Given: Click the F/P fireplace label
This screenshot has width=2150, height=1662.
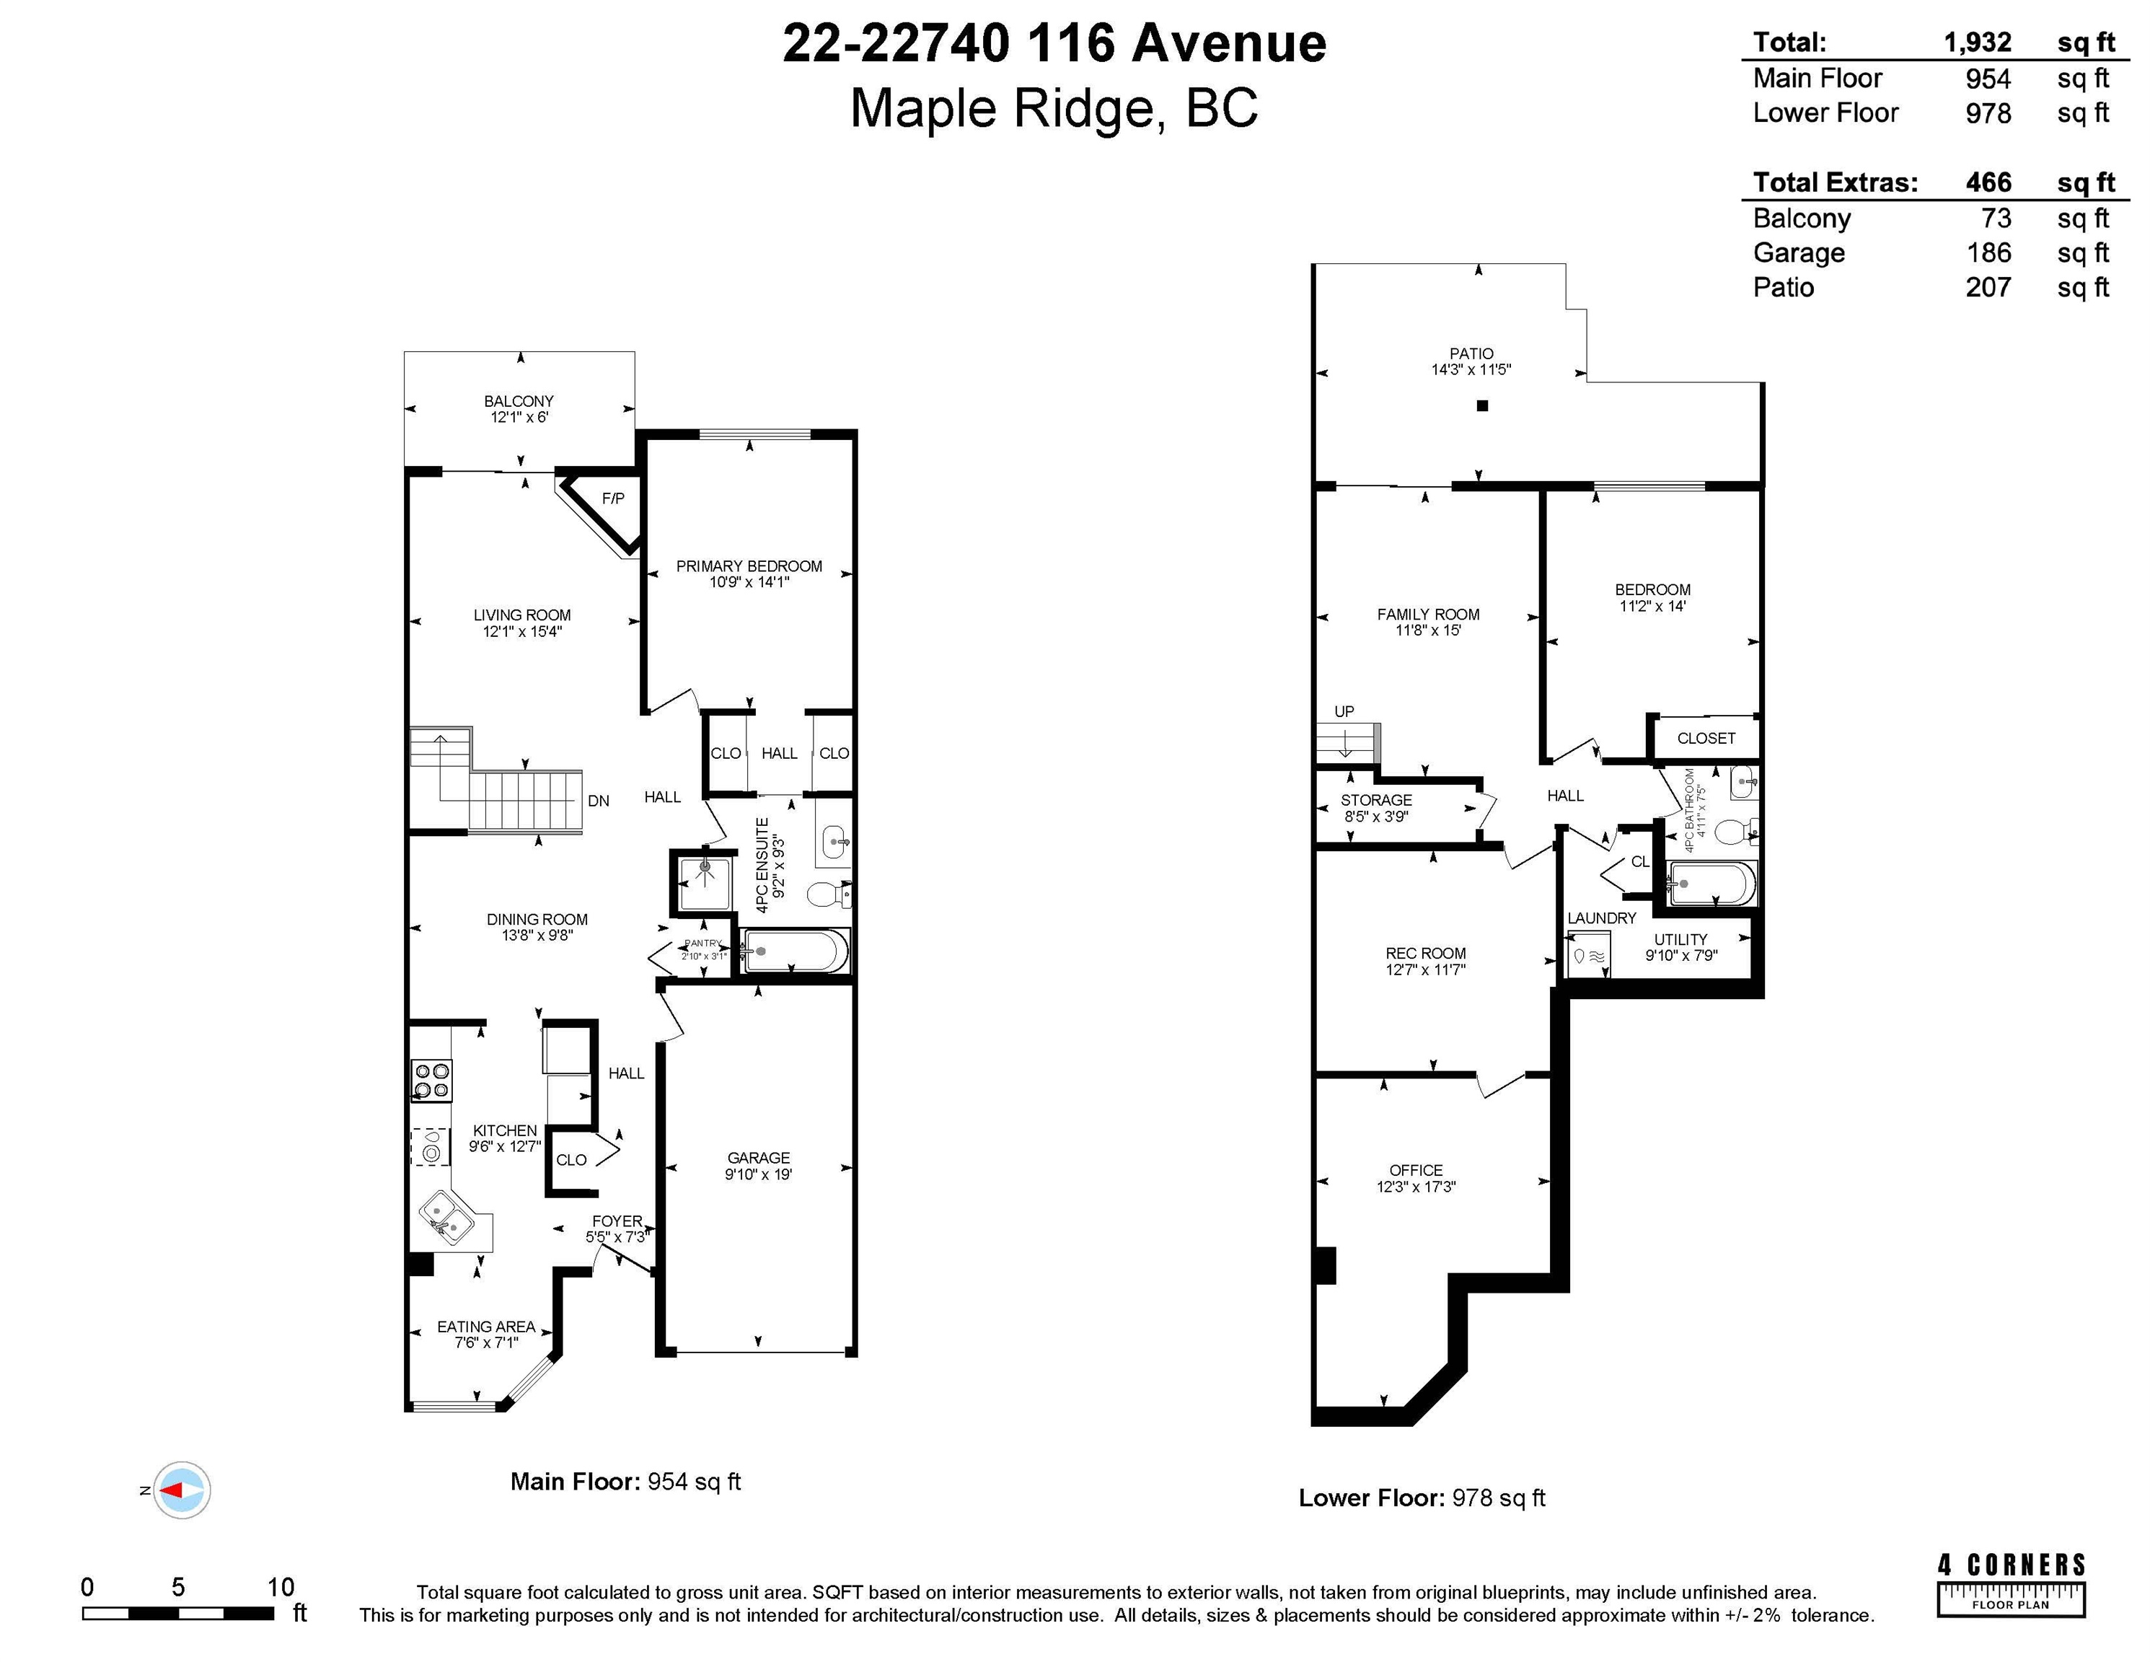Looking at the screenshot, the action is tap(613, 498).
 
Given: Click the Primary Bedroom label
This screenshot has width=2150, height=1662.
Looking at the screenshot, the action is tap(749, 566).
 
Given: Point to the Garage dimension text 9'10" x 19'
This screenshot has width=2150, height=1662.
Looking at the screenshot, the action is tap(759, 1174).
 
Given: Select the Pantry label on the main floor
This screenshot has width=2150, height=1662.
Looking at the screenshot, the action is tap(703, 944).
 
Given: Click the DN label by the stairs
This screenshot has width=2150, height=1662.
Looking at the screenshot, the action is tap(599, 801).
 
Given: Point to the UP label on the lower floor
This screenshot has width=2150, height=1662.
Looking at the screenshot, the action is tap(1344, 711).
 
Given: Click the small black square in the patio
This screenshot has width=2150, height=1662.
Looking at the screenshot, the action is tap(1483, 405).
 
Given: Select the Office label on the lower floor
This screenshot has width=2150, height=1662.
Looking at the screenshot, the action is tap(1417, 1171).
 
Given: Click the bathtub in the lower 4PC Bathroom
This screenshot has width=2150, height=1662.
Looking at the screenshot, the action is tap(1712, 883).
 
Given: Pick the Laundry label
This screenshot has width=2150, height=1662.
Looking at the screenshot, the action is tap(1602, 918).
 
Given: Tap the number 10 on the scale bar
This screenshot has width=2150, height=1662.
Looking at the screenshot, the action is tap(281, 1586).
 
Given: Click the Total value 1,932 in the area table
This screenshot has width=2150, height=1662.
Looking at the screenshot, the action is tap(1978, 43).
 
